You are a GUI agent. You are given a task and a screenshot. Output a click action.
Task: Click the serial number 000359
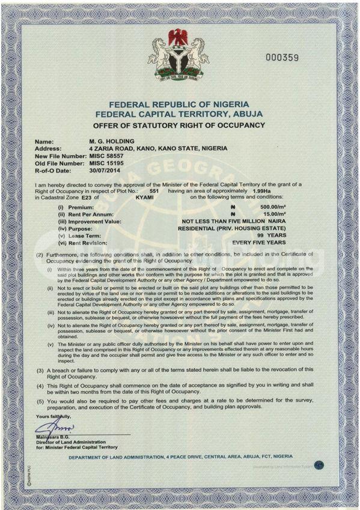coord(282,58)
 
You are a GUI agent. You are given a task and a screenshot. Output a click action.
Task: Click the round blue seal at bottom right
coord(319,464)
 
